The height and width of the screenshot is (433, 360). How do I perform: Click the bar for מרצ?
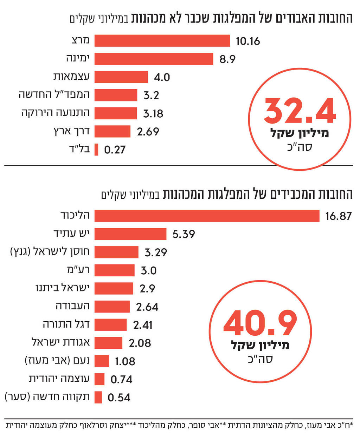tap(162, 41)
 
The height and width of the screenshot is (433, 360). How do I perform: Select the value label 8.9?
tap(227, 59)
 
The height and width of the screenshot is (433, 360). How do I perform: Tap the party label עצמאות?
tap(71, 77)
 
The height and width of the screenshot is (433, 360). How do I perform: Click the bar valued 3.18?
tap(116, 113)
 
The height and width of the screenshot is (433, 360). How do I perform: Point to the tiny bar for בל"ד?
tap(96, 150)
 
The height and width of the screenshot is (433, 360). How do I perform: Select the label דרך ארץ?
tap(71, 131)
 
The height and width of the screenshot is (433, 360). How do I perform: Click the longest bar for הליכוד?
tap(207, 216)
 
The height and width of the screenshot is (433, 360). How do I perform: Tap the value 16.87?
tap(338, 216)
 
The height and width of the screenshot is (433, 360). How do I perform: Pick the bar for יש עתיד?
tap(130, 234)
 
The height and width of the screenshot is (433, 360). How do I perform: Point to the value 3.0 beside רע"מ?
tap(148, 270)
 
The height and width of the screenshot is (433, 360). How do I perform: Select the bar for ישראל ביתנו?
tap(114, 288)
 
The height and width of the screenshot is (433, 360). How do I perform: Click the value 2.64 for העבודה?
tap(147, 307)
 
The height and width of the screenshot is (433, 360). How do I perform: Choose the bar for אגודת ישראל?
tap(108, 343)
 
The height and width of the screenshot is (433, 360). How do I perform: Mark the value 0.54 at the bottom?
tap(119, 398)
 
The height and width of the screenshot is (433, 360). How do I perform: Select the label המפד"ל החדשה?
tap(54, 95)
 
